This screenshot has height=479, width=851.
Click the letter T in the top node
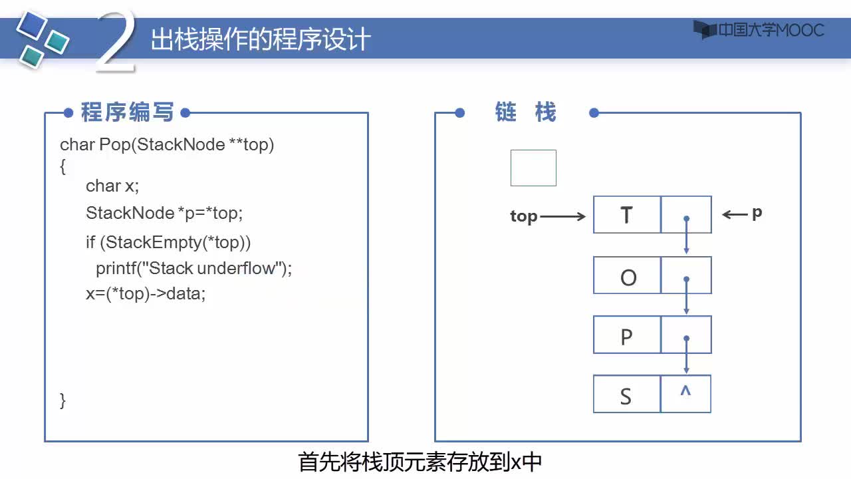pyautogui.click(x=626, y=215)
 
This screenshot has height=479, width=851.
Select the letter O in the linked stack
pyautogui.click(x=628, y=277)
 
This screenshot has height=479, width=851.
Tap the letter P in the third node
pyautogui.click(x=626, y=337)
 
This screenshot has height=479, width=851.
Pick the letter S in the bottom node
pyautogui.click(x=626, y=397)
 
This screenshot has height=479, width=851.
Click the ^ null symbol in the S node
pyautogui.click(x=685, y=391)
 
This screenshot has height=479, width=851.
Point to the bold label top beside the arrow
pyautogui.click(x=523, y=216)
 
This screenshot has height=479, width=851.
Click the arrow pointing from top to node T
pyautogui.click(x=562, y=217)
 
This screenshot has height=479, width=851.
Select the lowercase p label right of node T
pyautogui.click(x=757, y=214)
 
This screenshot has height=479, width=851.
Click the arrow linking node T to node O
pyautogui.click(x=686, y=235)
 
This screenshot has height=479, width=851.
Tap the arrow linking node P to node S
pyautogui.click(x=686, y=355)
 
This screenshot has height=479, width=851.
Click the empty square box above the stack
pyautogui.click(x=533, y=168)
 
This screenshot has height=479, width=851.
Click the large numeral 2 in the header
pyautogui.click(x=116, y=41)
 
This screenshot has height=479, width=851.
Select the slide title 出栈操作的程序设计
pyautogui.click(x=261, y=39)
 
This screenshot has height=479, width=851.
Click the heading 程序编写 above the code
pyautogui.click(x=127, y=112)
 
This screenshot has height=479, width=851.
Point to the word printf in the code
pyautogui.click(x=116, y=268)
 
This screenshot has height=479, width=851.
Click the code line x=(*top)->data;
pyautogui.click(x=146, y=294)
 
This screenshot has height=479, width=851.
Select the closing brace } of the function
pyautogui.click(x=62, y=401)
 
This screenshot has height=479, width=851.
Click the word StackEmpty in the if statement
pyautogui.click(x=154, y=243)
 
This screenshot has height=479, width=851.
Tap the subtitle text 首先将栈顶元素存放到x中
pyautogui.click(x=420, y=462)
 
